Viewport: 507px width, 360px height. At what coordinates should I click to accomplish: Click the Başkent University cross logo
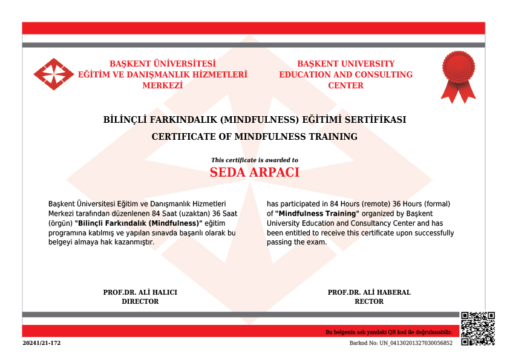tap(53, 74)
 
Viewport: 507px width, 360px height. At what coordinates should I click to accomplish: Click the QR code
tap(477, 329)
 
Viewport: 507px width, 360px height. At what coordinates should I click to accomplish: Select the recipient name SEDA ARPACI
tap(254, 172)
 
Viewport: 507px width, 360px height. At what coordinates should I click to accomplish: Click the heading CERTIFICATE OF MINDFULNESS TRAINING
tap(254, 137)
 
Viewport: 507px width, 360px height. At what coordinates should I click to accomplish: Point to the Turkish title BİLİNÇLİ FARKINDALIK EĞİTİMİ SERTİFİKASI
tap(254, 120)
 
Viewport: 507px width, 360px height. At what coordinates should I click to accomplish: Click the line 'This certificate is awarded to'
tap(254, 160)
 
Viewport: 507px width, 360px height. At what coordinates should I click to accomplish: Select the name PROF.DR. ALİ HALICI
tap(140, 292)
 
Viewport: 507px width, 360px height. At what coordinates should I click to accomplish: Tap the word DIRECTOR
tap(140, 301)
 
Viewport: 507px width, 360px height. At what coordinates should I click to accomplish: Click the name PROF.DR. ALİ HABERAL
tap(369, 292)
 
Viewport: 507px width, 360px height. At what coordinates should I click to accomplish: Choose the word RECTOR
tap(369, 301)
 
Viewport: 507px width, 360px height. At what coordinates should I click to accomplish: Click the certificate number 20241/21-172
tap(42, 343)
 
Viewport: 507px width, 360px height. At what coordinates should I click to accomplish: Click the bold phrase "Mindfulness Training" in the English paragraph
tap(318, 214)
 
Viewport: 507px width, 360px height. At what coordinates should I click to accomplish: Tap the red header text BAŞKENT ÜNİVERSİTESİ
tap(162, 64)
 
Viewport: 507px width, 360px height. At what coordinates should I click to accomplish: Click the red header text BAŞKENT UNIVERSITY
tap(345, 64)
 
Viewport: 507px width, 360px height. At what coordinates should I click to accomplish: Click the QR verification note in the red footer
tap(388, 332)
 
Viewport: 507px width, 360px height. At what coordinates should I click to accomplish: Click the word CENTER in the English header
tap(345, 85)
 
